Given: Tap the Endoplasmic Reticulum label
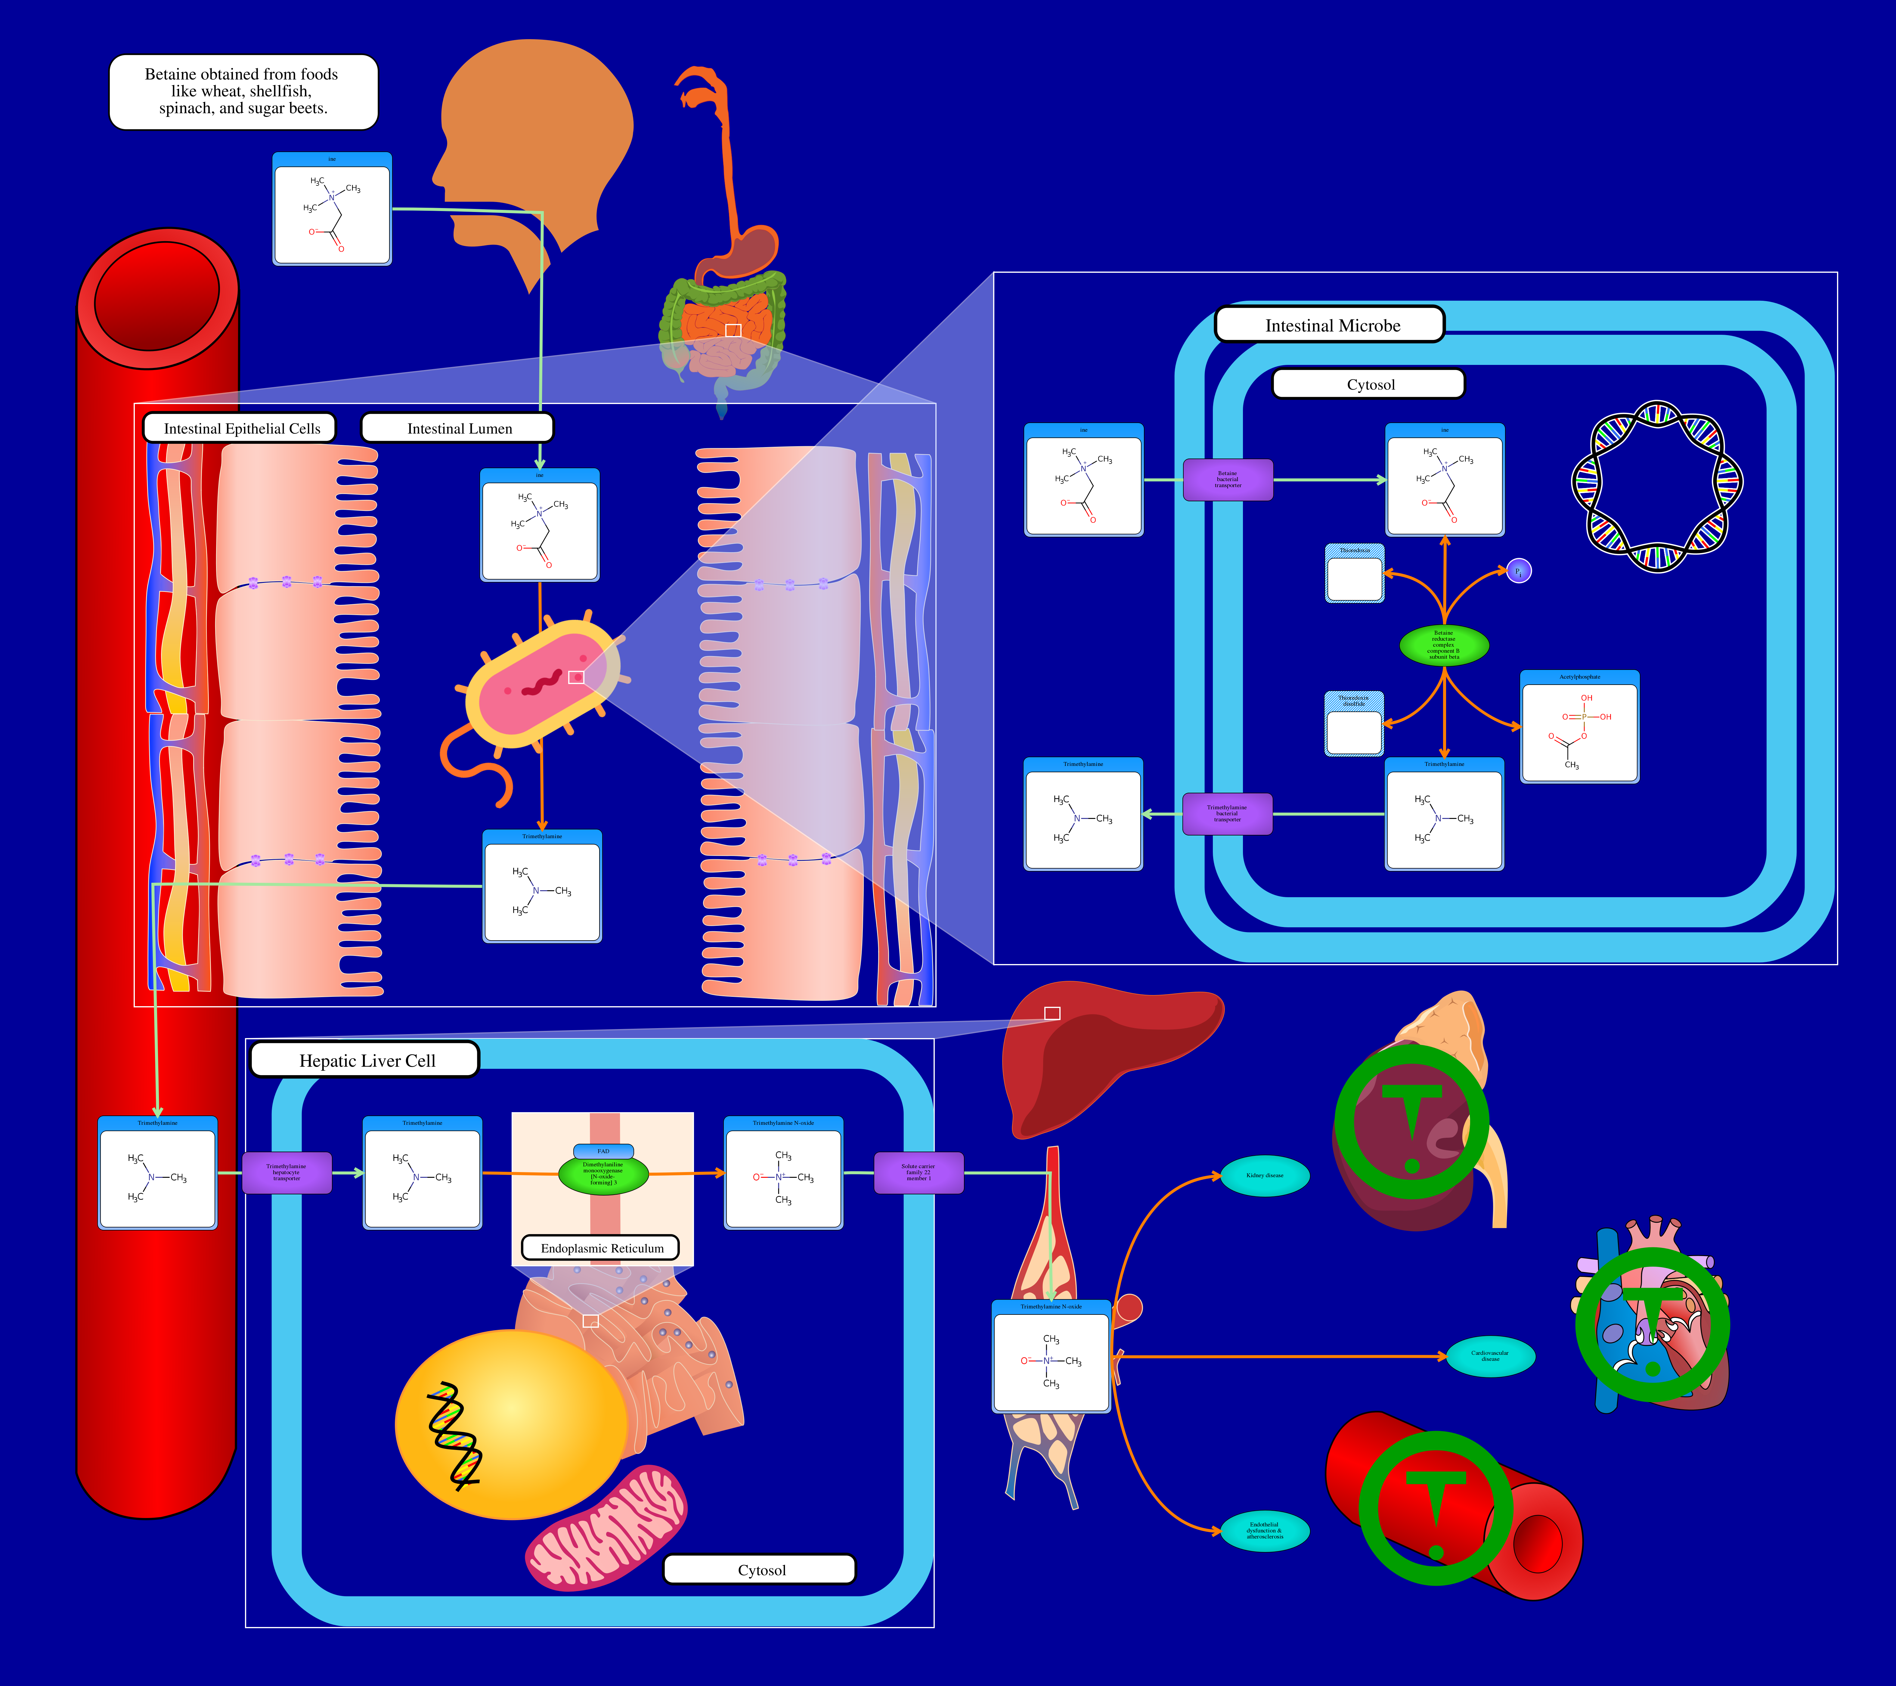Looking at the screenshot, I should [x=601, y=1248].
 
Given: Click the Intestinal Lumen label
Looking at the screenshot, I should [x=458, y=428].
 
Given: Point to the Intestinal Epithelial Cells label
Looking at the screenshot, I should [x=240, y=428].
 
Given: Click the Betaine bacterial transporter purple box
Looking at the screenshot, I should [x=1227, y=480].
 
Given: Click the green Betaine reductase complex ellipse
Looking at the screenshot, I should [x=1443, y=645].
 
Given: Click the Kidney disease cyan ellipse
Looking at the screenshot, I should [x=1264, y=1176].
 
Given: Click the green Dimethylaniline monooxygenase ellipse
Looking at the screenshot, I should [x=603, y=1174].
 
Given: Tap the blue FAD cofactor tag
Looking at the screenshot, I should [x=603, y=1151].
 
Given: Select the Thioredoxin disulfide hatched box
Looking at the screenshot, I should [x=1353, y=724].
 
